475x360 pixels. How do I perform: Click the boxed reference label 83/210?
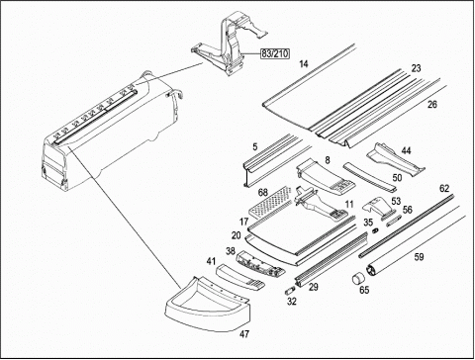pos(275,53)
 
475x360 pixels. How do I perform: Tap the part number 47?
pos(244,334)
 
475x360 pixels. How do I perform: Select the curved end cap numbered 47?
pos(207,306)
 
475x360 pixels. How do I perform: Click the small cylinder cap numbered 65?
pos(357,279)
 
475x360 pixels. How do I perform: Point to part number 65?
pos(364,290)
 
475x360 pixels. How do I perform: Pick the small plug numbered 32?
pos(289,292)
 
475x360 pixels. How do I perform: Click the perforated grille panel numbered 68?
pos(270,202)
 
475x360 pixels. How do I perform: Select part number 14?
pos(304,64)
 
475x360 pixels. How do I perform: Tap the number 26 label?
pos(431,105)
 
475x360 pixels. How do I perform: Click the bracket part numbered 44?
pos(395,159)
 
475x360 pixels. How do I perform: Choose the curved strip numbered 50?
pos(369,176)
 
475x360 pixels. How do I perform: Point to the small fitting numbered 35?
pos(374,230)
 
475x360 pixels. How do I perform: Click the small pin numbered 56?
pos(394,221)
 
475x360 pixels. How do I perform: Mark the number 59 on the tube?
pos(419,256)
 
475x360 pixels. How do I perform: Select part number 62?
pos(444,189)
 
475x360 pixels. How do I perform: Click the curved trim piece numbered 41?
pos(239,277)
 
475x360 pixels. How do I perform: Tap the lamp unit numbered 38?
pos(260,263)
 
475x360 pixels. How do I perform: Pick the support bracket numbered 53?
pos(378,208)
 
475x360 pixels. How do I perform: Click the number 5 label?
pos(255,146)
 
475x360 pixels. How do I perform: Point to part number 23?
pos(416,68)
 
